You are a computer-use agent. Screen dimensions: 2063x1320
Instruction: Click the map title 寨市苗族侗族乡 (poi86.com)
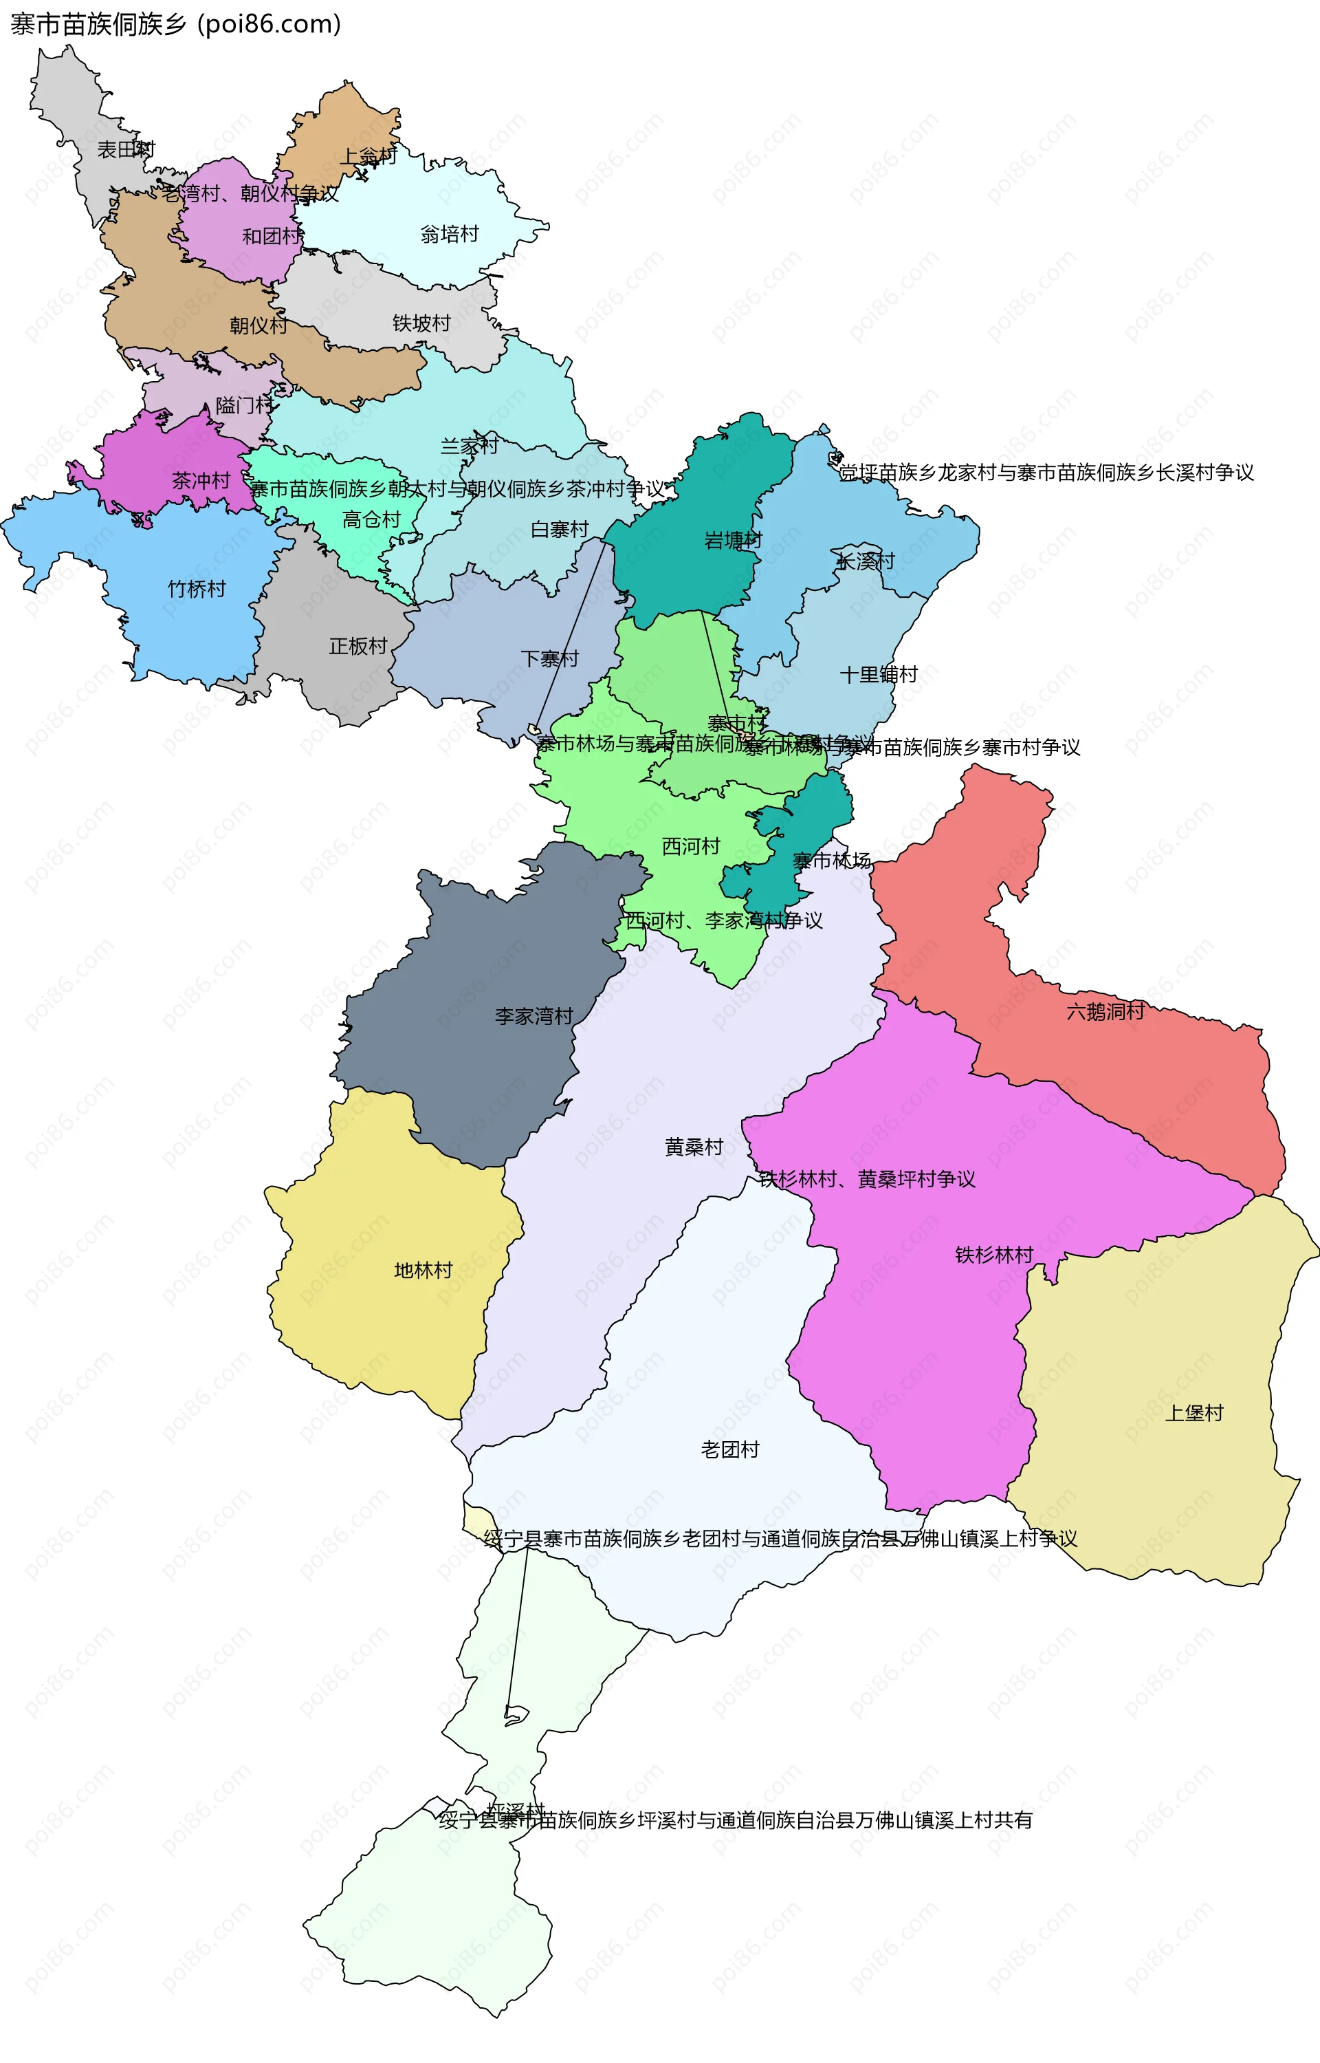click(x=176, y=24)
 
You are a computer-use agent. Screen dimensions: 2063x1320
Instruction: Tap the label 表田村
click(x=126, y=150)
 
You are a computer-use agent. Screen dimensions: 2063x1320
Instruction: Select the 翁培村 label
click(x=449, y=234)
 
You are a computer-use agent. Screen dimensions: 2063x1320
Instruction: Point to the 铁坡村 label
click(x=421, y=323)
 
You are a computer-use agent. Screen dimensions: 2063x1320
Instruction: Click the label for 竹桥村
click(x=197, y=589)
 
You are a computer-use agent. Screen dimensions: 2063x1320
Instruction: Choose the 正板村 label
click(x=358, y=646)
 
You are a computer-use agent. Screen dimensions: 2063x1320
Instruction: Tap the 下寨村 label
click(x=549, y=658)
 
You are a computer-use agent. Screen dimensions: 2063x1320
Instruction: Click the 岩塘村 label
click(x=733, y=540)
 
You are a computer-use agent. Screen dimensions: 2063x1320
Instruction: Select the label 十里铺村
click(x=879, y=675)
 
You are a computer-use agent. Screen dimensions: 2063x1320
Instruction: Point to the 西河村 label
click(x=691, y=846)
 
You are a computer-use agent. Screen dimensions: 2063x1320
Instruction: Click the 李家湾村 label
click(x=533, y=1016)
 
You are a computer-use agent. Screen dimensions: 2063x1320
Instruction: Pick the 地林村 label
click(x=423, y=1270)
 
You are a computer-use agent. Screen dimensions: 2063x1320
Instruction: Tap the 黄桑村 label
click(x=694, y=1147)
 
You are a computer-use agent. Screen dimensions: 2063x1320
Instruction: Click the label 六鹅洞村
click(x=1105, y=1012)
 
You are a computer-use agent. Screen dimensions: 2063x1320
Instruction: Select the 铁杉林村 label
click(x=993, y=1255)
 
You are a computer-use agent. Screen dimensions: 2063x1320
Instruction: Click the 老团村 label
click(x=730, y=1449)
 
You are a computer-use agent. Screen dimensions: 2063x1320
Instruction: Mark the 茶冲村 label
click(x=201, y=481)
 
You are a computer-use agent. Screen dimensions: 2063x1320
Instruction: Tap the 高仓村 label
click(x=371, y=519)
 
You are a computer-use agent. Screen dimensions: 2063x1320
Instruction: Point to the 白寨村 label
click(x=560, y=529)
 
